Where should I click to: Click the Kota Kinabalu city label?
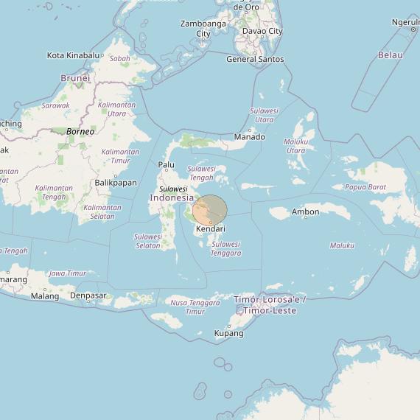coord(72,55)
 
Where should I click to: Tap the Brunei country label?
coord(75,77)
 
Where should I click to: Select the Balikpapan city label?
coord(116,183)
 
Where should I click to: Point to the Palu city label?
coord(166,165)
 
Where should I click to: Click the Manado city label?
coord(249,137)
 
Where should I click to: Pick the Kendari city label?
coord(211,229)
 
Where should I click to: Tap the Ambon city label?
coord(306,212)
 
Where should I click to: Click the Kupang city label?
coord(228,334)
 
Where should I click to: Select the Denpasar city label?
coord(88,296)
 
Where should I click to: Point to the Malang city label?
coord(45,296)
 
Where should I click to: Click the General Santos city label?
coord(255,59)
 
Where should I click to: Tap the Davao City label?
coord(262,32)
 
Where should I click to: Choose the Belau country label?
coord(390,55)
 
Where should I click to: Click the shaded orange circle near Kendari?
coord(211,210)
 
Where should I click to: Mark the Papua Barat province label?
coord(365,187)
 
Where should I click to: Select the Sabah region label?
coord(119,58)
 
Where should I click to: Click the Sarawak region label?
coord(55,105)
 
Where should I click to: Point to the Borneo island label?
coord(80,131)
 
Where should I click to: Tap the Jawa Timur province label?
coord(67,273)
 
